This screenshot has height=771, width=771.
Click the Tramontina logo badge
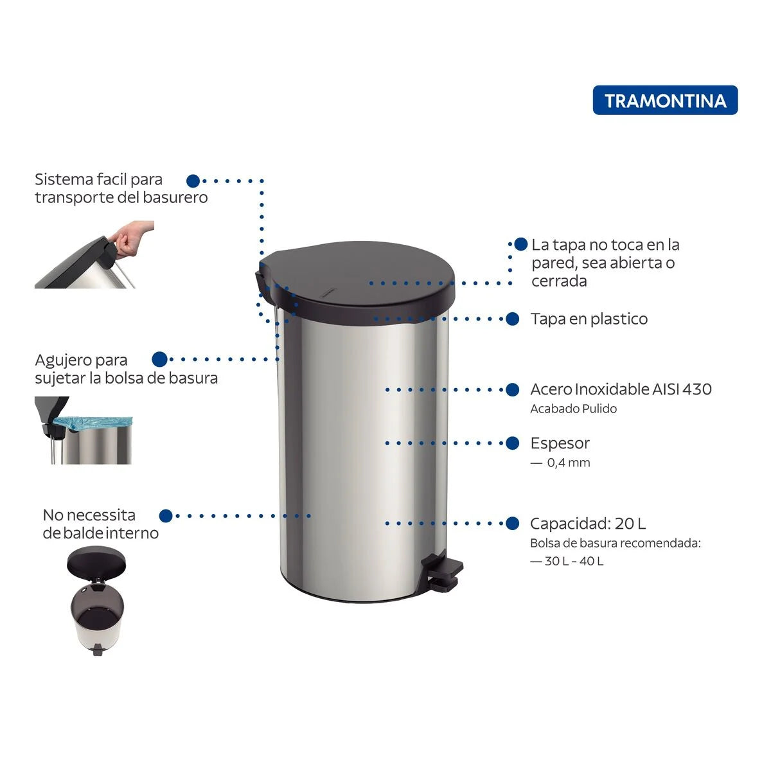pyautogui.click(x=665, y=100)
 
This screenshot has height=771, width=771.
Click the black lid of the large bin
pyautogui.click(x=355, y=282)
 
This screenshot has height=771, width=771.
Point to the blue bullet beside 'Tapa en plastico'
pyautogui.click(x=513, y=319)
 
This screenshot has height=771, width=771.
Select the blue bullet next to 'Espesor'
pyautogui.click(x=513, y=443)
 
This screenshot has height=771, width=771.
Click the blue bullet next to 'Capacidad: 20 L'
pyautogui.click(x=513, y=524)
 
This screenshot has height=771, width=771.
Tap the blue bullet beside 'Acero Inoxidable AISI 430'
pyautogui.click(x=513, y=390)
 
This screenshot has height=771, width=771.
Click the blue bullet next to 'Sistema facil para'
pyautogui.click(x=193, y=181)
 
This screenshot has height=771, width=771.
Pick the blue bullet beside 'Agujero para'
pyautogui.click(x=159, y=359)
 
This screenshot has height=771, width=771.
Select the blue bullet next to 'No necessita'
pyautogui.click(x=166, y=516)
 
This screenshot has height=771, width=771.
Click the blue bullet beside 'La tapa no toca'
pyautogui.click(x=521, y=244)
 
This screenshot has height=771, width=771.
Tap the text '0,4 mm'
pyautogui.click(x=569, y=463)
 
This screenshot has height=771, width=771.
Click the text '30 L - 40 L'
pyautogui.click(x=574, y=561)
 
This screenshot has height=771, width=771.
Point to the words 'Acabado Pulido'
pyautogui.click(x=573, y=409)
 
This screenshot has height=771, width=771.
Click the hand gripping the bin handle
pyautogui.click(x=132, y=236)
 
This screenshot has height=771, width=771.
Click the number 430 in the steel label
pyautogui.click(x=697, y=389)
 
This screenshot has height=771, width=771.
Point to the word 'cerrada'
pyautogui.click(x=559, y=281)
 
